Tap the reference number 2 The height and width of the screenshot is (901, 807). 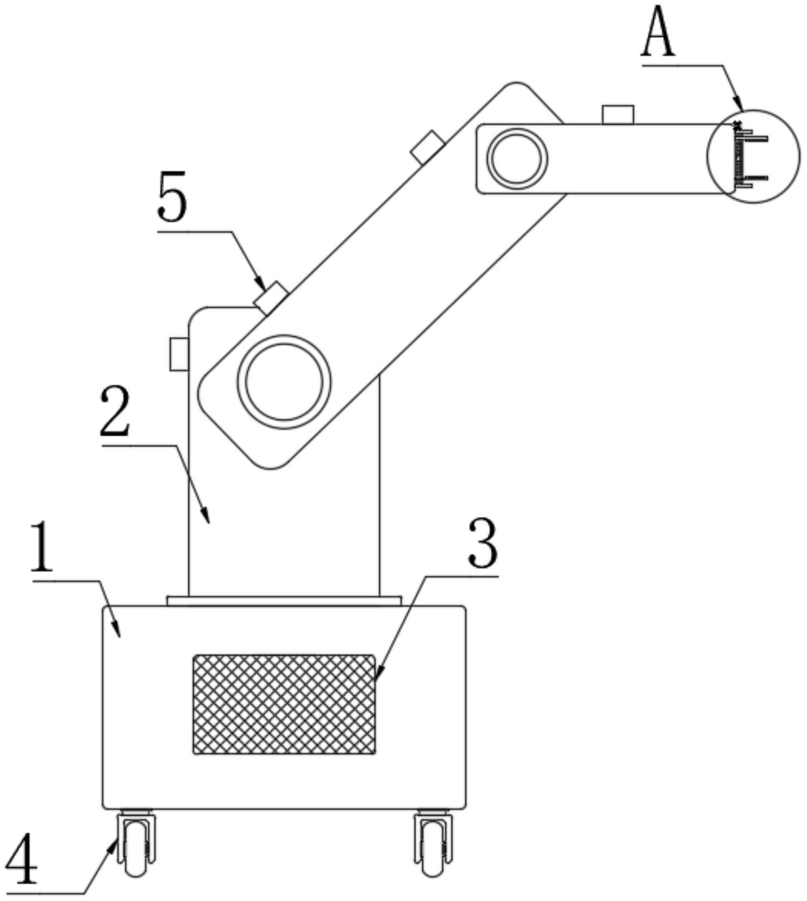[x=115, y=412]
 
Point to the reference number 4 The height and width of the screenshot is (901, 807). [x=21, y=859]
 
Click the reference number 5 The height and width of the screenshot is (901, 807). [x=172, y=197]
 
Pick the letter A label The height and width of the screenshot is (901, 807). [x=658, y=34]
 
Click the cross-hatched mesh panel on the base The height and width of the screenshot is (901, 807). [x=284, y=704]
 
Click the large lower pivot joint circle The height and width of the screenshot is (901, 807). [x=284, y=381]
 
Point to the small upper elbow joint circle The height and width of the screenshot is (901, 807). [x=517, y=157]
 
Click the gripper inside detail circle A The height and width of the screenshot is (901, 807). [x=750, y=158]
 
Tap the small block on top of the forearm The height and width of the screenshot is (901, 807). [x=618, y=115]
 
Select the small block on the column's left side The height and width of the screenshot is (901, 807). [x=179, y=354]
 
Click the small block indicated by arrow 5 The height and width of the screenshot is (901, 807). [x=272, y=297]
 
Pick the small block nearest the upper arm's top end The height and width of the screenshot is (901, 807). [x=428, y=147]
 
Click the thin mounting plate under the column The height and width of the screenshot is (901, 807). [x=284, y=600]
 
